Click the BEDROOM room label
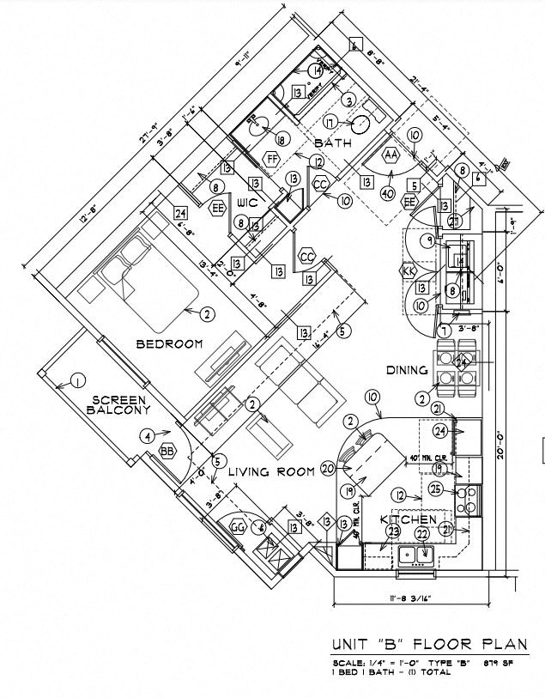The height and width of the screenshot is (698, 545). pos(169,344)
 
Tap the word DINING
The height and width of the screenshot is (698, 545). pos(407,371)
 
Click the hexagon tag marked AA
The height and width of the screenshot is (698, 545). pos(391,155)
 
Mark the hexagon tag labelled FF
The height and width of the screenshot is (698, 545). pos(271,161)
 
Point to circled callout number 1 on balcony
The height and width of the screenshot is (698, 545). pos(76,381)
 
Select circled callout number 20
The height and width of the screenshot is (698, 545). pos(327,469)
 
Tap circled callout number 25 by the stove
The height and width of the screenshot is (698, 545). pos(435,489)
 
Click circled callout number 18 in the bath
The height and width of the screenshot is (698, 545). pos(281,139)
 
